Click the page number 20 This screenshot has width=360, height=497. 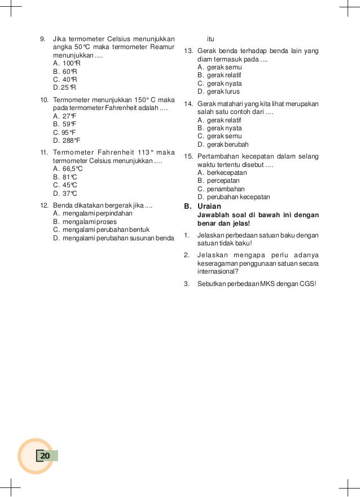[45, 456]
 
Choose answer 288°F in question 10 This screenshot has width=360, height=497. [67, 140]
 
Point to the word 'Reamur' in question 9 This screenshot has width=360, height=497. [163, 47]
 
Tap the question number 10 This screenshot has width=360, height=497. [43, 100]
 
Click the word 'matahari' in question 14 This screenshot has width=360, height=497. [230, 104]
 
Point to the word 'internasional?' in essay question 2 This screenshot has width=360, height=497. [218, 271]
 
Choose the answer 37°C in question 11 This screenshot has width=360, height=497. [65, 193]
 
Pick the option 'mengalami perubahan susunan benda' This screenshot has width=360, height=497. [113, 238]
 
